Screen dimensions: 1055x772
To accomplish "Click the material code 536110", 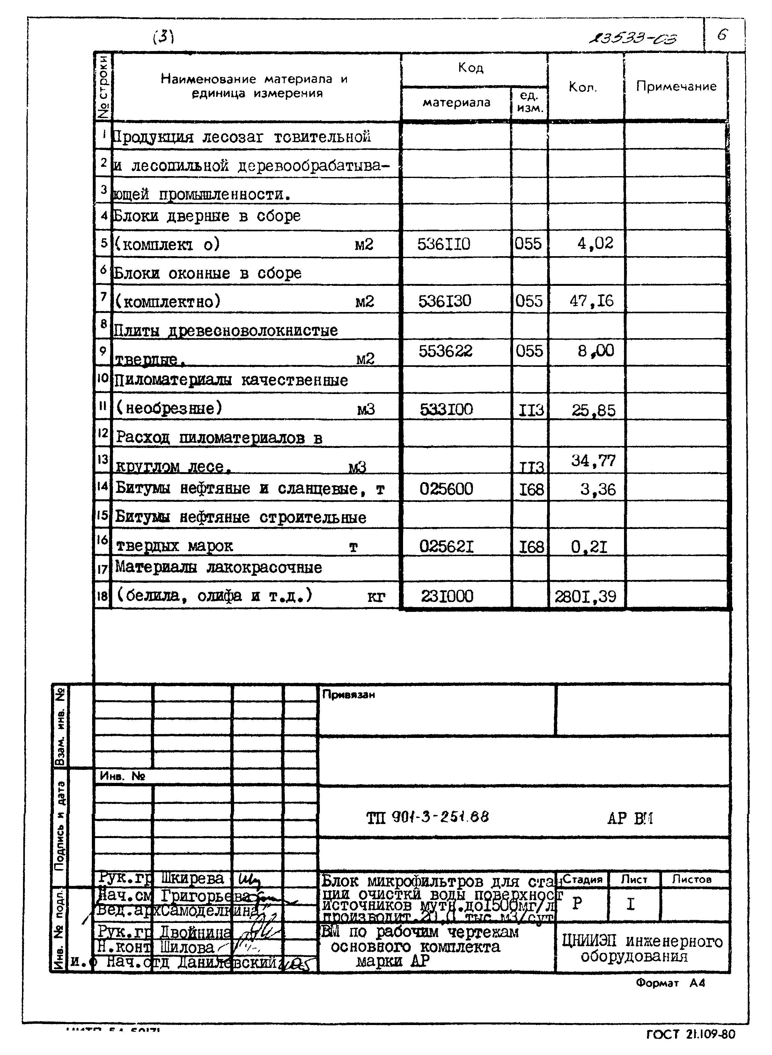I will [x=444, y=244].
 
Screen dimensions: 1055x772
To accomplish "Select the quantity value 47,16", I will [x=591, y=301].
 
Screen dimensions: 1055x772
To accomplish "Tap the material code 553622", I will [x=445, y=351].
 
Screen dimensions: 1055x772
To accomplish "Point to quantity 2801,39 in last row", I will [x=585, y=597].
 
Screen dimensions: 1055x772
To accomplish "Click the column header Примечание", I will [x=676, y=86].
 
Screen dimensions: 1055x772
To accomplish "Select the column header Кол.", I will [x=582, y=87].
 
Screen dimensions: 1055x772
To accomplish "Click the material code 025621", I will [x=446, y=546].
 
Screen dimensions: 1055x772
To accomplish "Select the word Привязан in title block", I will [x=348, y=695].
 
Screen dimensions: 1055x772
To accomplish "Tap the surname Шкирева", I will [x=192, y=878].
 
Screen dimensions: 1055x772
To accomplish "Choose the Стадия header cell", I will [x=582, y=879].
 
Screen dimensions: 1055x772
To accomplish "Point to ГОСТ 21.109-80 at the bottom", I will [x=690, y=1035].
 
